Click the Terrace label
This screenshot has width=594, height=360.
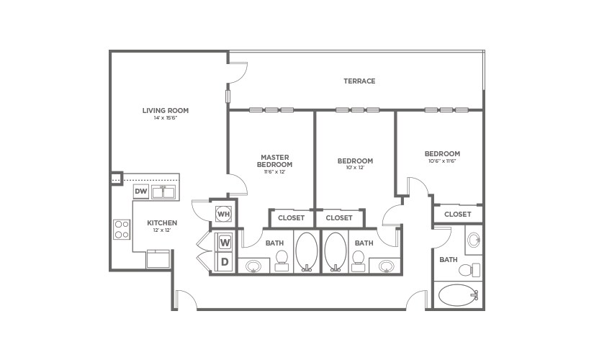[359, 81]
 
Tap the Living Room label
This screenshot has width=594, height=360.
[166, 110]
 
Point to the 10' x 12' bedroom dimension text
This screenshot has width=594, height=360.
[356, 168]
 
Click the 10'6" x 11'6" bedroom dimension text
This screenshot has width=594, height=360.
[441, 161]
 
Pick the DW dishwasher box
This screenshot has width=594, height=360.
[141, 192]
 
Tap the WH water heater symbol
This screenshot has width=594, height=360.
[223, 214]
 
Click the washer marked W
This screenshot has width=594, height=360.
[224, 242]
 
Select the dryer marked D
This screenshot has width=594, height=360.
[224, 262]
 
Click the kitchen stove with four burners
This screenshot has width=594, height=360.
[122, 229]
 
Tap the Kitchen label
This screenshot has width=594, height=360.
[162, 223]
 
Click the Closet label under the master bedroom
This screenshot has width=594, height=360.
[291, 217]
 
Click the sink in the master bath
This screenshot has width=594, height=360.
[253, 266]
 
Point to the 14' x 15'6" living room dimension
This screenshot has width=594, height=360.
[166, 118]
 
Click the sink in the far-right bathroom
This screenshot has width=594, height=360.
[473, 241]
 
